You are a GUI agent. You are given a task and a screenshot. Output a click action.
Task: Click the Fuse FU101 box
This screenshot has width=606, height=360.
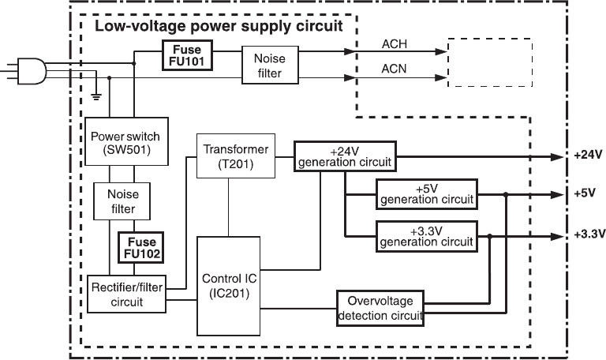[x=188, y=56]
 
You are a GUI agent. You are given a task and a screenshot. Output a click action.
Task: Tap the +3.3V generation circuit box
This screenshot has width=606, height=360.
[x=427, y=236]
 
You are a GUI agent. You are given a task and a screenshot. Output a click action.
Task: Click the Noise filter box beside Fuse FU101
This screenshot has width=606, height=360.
[x=270, y=64]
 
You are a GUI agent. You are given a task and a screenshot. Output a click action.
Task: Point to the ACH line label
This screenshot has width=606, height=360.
[x=395, y=43]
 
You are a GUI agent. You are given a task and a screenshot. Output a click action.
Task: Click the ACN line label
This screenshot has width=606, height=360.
[x=395, y=68]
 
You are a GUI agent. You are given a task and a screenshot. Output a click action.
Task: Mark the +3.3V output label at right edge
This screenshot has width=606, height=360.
[x=589, y=234]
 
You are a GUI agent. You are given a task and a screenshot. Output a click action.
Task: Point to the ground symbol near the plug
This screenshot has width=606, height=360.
[x=96, y=96]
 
